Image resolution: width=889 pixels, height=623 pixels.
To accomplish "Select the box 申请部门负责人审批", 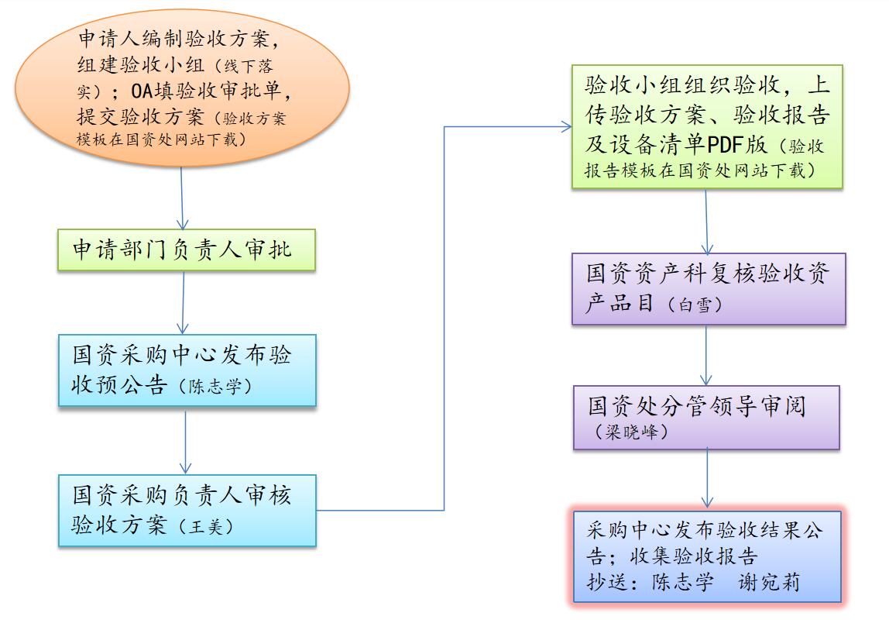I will point(187,250).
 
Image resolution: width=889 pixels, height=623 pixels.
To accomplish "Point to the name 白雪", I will point(694,305).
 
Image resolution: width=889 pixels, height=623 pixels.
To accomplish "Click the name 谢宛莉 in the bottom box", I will point(769,582).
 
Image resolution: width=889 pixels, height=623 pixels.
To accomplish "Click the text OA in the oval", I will point(148,92).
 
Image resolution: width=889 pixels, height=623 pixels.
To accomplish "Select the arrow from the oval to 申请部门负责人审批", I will point(183,197).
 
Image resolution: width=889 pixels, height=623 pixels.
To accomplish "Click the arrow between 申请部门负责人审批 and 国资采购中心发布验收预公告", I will point(184,302).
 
